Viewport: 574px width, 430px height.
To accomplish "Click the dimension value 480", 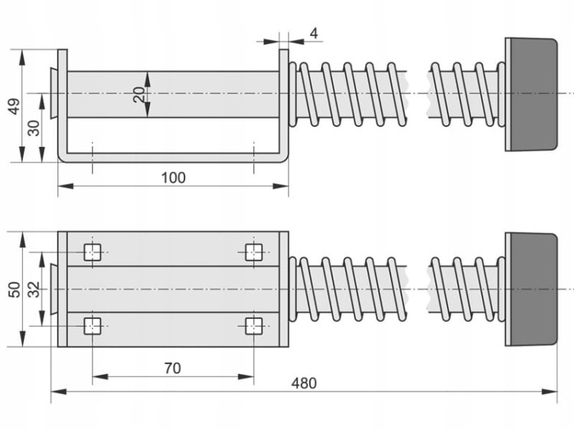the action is point(304,383).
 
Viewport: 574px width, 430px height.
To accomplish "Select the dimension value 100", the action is point(173,178).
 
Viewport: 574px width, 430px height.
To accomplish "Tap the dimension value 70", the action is point(172,368).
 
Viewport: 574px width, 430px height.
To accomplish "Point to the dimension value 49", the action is point(15,106).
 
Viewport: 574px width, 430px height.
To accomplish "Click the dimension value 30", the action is point(34,128).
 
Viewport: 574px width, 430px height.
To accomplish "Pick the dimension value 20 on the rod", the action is point(139,94).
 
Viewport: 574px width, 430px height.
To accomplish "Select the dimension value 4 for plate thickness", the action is point(314,34).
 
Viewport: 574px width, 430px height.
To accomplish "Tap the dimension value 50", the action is point(15,289).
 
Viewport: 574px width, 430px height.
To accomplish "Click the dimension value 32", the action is point(34,289).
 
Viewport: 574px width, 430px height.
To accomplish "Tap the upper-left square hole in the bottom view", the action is point(93,252).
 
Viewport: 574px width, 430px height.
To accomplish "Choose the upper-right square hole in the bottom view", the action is point(253,252).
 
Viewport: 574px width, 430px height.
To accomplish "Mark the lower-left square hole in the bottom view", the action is point(93,326).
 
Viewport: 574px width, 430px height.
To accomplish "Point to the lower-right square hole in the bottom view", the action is point(253,326).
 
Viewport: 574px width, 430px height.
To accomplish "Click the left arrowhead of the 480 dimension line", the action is point(59,392).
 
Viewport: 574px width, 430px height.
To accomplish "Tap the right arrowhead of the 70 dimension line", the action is point(246,376).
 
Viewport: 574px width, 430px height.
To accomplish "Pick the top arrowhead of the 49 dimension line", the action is point(23,57).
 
